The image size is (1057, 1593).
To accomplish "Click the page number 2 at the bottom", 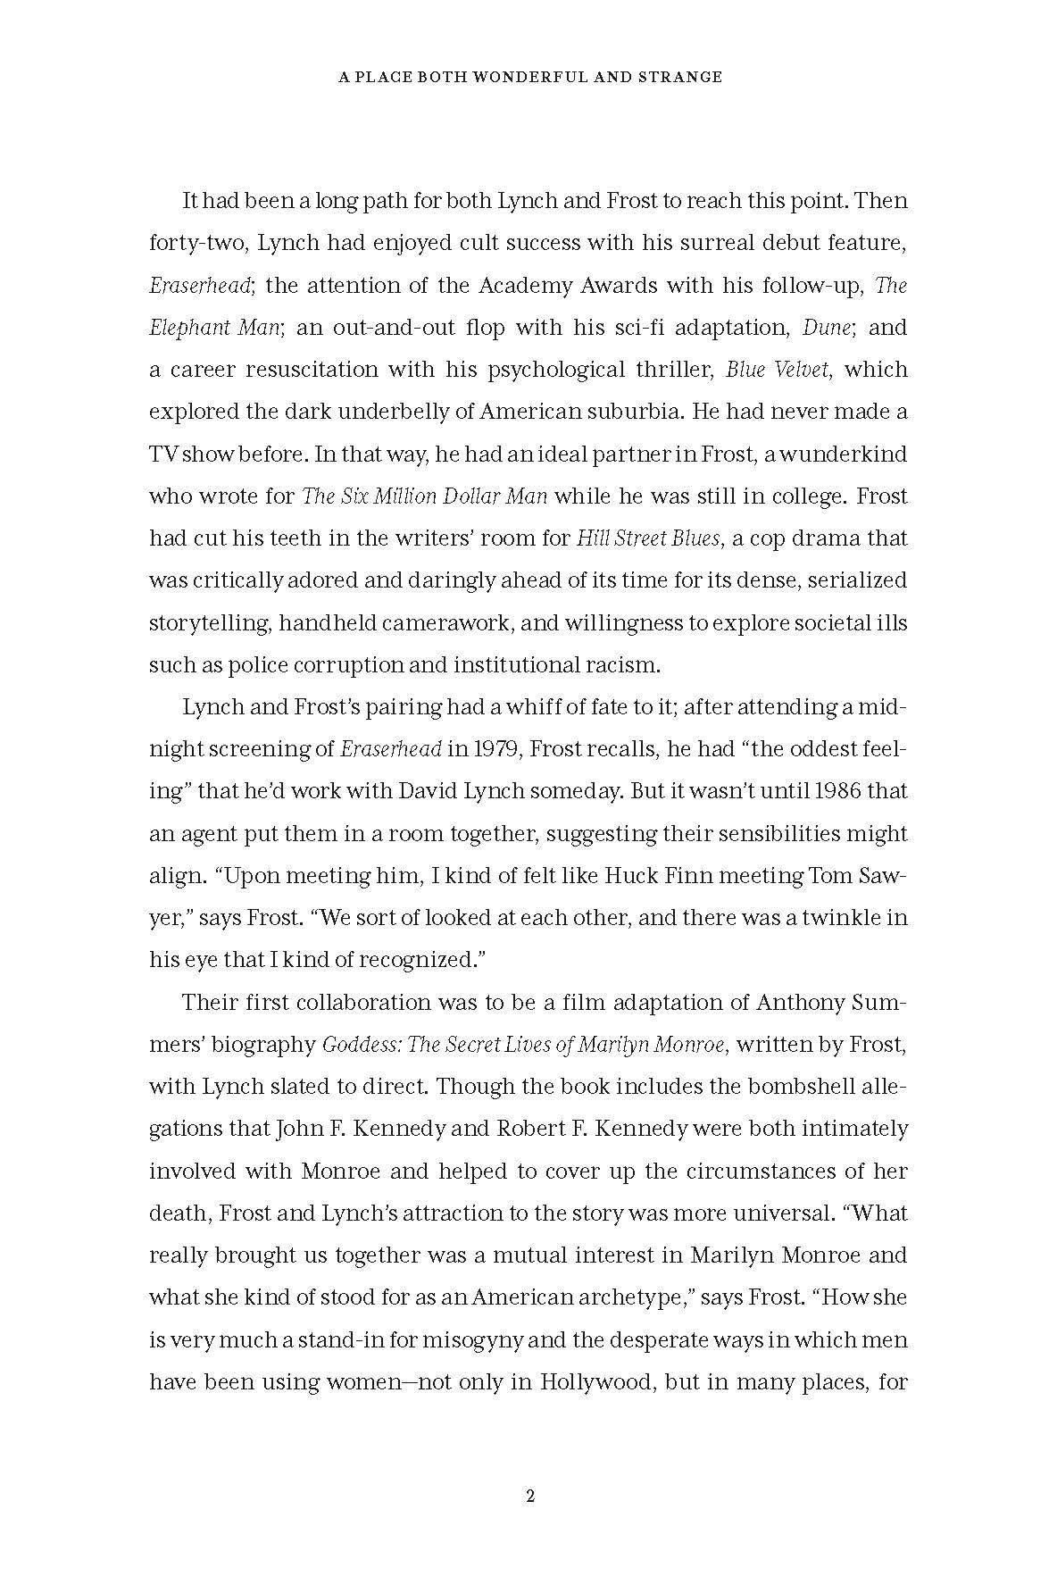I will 529,1497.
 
